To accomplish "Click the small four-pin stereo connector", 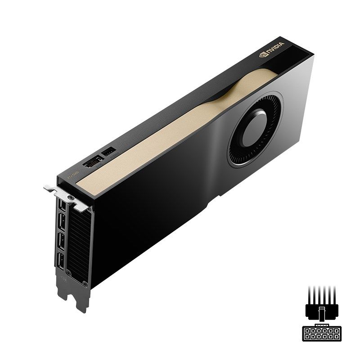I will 109,152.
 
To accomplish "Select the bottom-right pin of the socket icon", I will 337,337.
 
